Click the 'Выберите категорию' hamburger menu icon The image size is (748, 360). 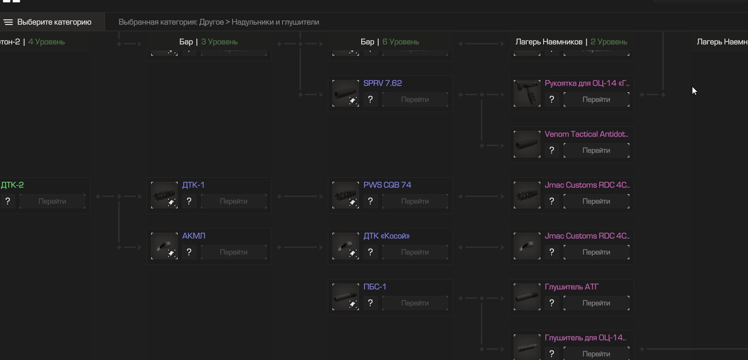[x=8, y=22]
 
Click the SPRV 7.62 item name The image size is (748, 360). [x=382, y=83]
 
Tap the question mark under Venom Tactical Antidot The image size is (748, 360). [x=552, y=150]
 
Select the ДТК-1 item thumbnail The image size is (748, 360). [x=164, y=195]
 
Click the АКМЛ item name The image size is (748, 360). [x=194, y=236]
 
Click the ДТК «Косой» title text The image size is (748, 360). [x=386, y=236]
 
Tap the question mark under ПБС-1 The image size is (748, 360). [x=370, y=303]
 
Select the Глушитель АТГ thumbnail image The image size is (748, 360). [x=527, y=297]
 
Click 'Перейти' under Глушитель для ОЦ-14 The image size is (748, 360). [x=596, y=354]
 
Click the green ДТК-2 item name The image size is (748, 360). [x=12, y=185]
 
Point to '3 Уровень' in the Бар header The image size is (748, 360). [x=219, y=42]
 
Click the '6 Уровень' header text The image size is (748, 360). [x=400, y=42]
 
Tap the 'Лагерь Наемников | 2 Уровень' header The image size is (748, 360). [x=571, y=42]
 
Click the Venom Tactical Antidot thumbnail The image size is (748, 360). [x=527, y=144]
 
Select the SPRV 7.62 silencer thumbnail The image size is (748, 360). [x=345, y=93]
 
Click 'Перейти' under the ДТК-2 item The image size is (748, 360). [x=52, y=201]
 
